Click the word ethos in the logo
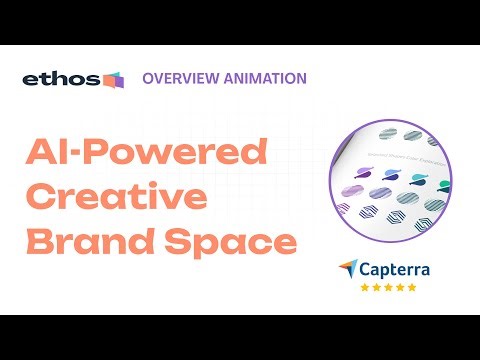point(60,79)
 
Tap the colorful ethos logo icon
point(113,79)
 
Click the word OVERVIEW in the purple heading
point(180,78)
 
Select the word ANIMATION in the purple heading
point(262,78)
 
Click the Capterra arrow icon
point(346,268)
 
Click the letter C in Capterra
point(364,268)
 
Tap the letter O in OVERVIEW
point(149,78)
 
